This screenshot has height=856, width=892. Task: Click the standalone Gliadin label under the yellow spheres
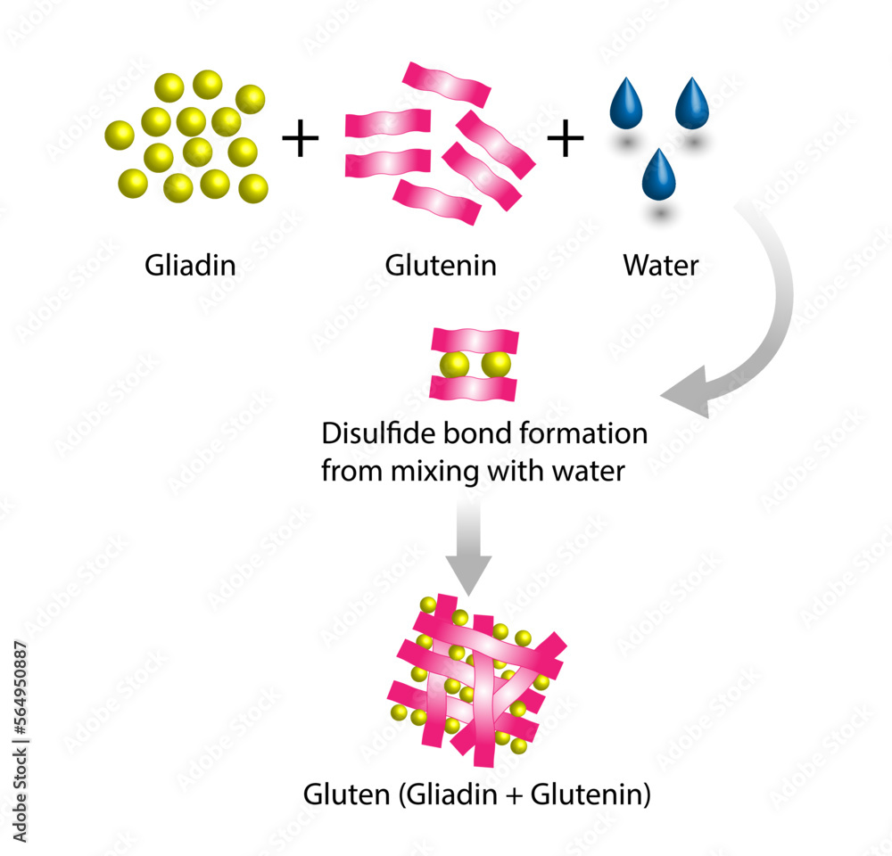pos(190,265)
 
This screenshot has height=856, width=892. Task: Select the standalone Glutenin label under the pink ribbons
pos(441,265)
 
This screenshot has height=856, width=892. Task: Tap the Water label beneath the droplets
pos(661,265)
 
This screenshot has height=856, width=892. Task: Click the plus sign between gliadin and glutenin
pos(300,141)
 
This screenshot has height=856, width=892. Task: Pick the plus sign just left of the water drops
pos(565,141)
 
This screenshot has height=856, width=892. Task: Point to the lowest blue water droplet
pos(658,174)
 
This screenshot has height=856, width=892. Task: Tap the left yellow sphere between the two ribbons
pos(455,365)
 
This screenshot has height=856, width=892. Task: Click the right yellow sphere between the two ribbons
pos(495,365)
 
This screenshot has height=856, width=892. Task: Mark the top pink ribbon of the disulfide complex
pos(475,341)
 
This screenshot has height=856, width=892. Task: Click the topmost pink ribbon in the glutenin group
pos(446,85)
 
